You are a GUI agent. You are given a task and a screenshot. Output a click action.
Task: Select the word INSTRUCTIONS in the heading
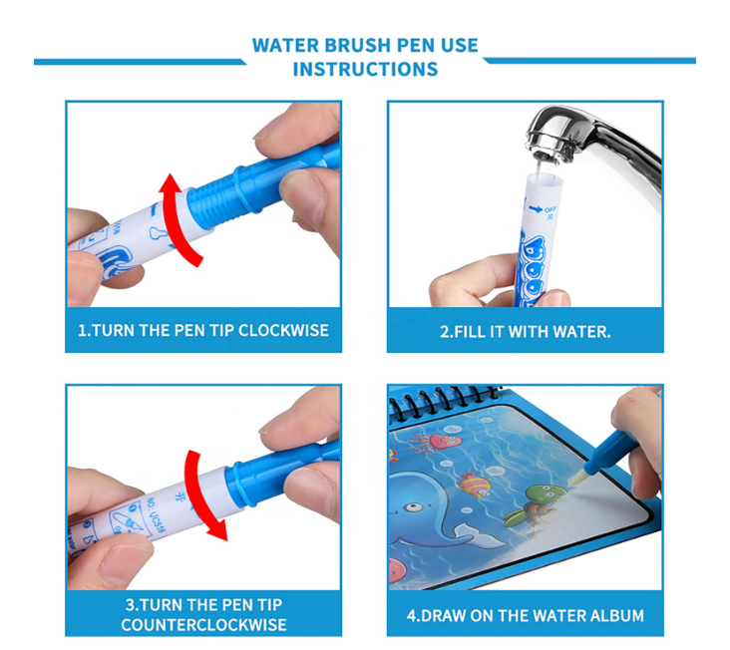point(365,70)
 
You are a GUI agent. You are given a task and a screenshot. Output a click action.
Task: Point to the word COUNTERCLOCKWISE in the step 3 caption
point(203,625)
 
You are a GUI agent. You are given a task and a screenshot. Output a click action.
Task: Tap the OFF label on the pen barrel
point(548,209)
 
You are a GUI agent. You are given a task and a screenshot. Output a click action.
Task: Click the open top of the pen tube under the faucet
point(539,177)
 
